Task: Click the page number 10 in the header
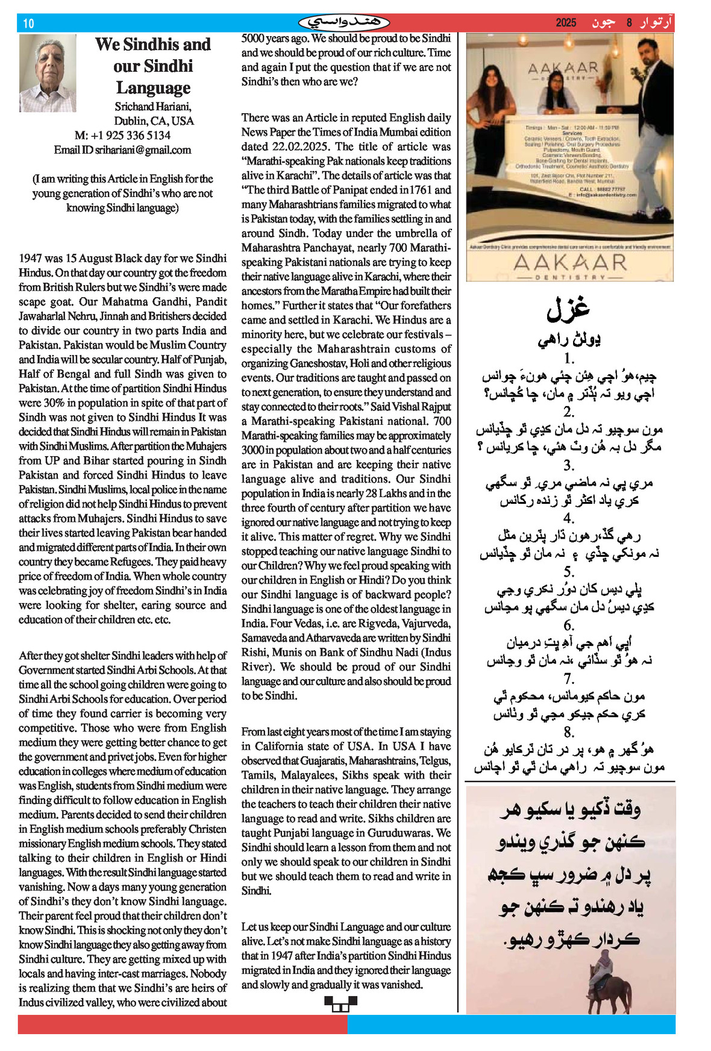coord(28,24)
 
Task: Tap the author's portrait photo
coord(48,73)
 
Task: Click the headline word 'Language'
coord(153,88)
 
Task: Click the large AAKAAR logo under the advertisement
coord(570,263)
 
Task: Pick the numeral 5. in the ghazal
coord(569,571)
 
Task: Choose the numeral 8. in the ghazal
coord(569,732)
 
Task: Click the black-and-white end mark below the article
coord(340,1004)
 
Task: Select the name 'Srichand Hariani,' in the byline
coord(153,107)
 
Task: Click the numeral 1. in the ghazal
coord(569,359)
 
